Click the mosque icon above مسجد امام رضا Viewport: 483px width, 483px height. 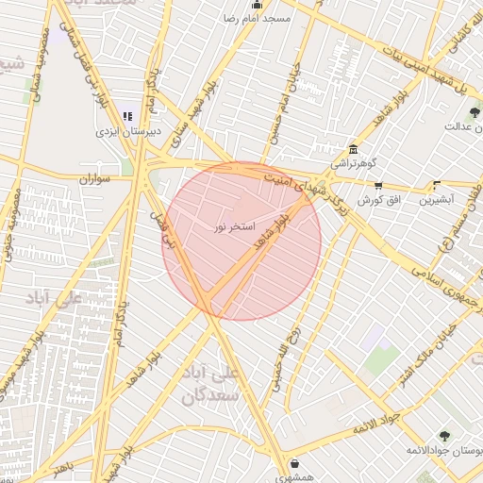[x=257, y=5]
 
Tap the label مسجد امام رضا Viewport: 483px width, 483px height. [x=257, y=18]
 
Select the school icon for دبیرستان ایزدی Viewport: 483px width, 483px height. [x=127, y=117]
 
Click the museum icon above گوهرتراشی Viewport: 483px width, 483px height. [x=353, y=149]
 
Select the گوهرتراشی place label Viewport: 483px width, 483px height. [x=353, y=163]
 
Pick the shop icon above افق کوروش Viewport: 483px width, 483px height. [x=378, y=185]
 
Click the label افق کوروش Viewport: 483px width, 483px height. [x=379, y=200]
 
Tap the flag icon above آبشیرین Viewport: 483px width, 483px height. [x=436, y=185]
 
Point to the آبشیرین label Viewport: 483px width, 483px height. [x=436, y=200]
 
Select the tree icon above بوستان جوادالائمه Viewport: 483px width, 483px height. [x=444, y=436]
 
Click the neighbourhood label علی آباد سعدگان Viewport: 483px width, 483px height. [x=216, y=386]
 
